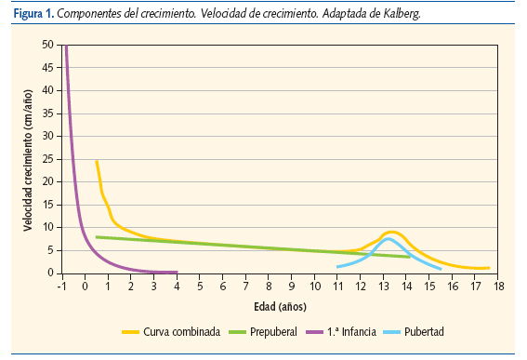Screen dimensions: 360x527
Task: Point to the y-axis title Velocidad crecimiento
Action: click(29, 158)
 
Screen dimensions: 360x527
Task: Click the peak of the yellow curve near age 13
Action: click(391, 232)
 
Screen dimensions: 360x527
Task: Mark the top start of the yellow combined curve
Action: click(97, 161)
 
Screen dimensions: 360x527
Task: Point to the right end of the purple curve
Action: click(176, 272)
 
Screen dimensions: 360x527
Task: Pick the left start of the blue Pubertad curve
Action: click(337, 267)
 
